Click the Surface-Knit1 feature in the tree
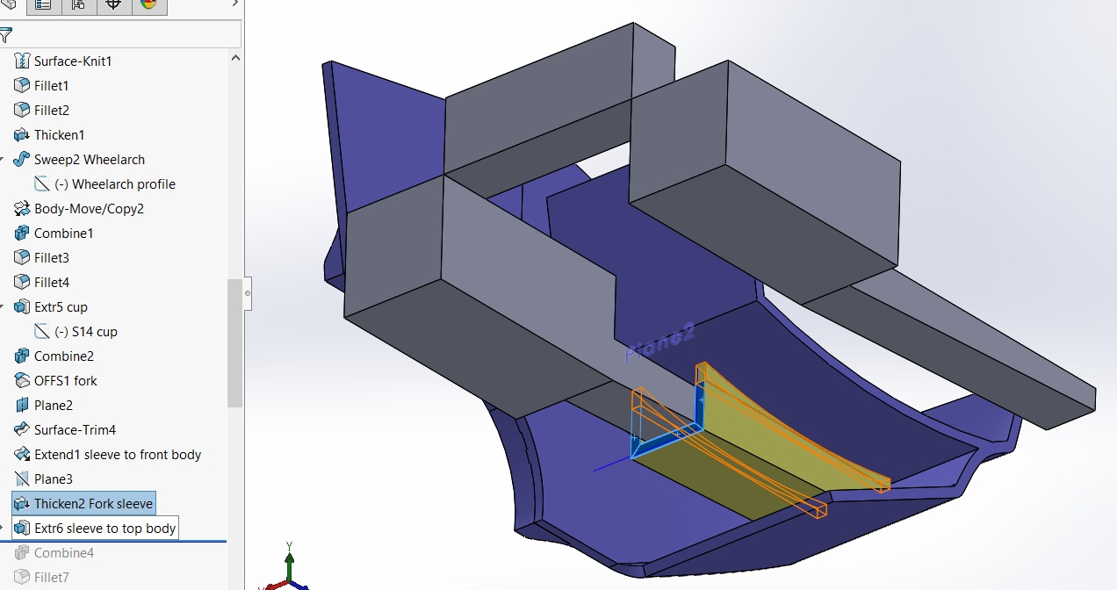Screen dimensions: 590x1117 point(72,61)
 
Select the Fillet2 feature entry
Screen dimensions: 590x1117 point(51,111)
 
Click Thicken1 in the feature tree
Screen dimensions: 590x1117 point(59,135)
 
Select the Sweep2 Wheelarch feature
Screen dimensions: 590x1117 point(89,160)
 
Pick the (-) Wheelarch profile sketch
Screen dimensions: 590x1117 point(114,184)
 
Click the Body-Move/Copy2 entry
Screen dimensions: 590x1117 point(88,209)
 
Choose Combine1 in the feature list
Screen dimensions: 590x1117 point(63,234)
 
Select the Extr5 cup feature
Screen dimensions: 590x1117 point(61,307)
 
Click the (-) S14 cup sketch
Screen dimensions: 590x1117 point(85,332)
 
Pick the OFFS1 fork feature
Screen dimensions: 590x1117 point(65,381)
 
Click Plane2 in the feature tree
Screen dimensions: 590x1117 point(53,406)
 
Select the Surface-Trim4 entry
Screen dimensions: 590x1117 point(75,430)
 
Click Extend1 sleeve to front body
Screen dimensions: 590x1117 point(117,455)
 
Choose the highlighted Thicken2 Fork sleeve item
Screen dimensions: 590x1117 point(92,504)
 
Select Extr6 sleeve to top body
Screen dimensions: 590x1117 point(104,529)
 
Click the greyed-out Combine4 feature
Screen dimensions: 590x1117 point(63,553)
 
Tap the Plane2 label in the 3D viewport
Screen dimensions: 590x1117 point(660,342)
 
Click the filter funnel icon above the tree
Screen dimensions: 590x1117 point(6,35)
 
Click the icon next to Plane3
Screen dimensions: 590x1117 point(22,479)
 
